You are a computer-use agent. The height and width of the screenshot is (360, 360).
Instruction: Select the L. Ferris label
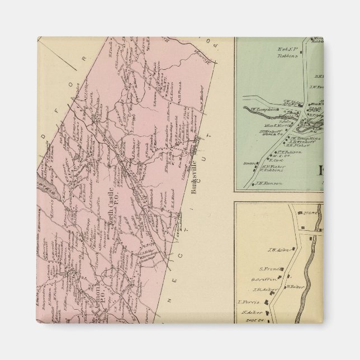point(247,302)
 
